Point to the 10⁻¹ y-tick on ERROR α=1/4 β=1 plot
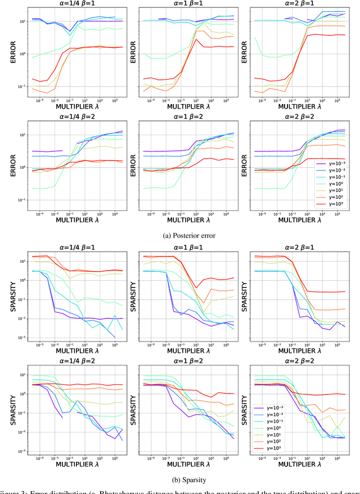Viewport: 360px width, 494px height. pos(22,87)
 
